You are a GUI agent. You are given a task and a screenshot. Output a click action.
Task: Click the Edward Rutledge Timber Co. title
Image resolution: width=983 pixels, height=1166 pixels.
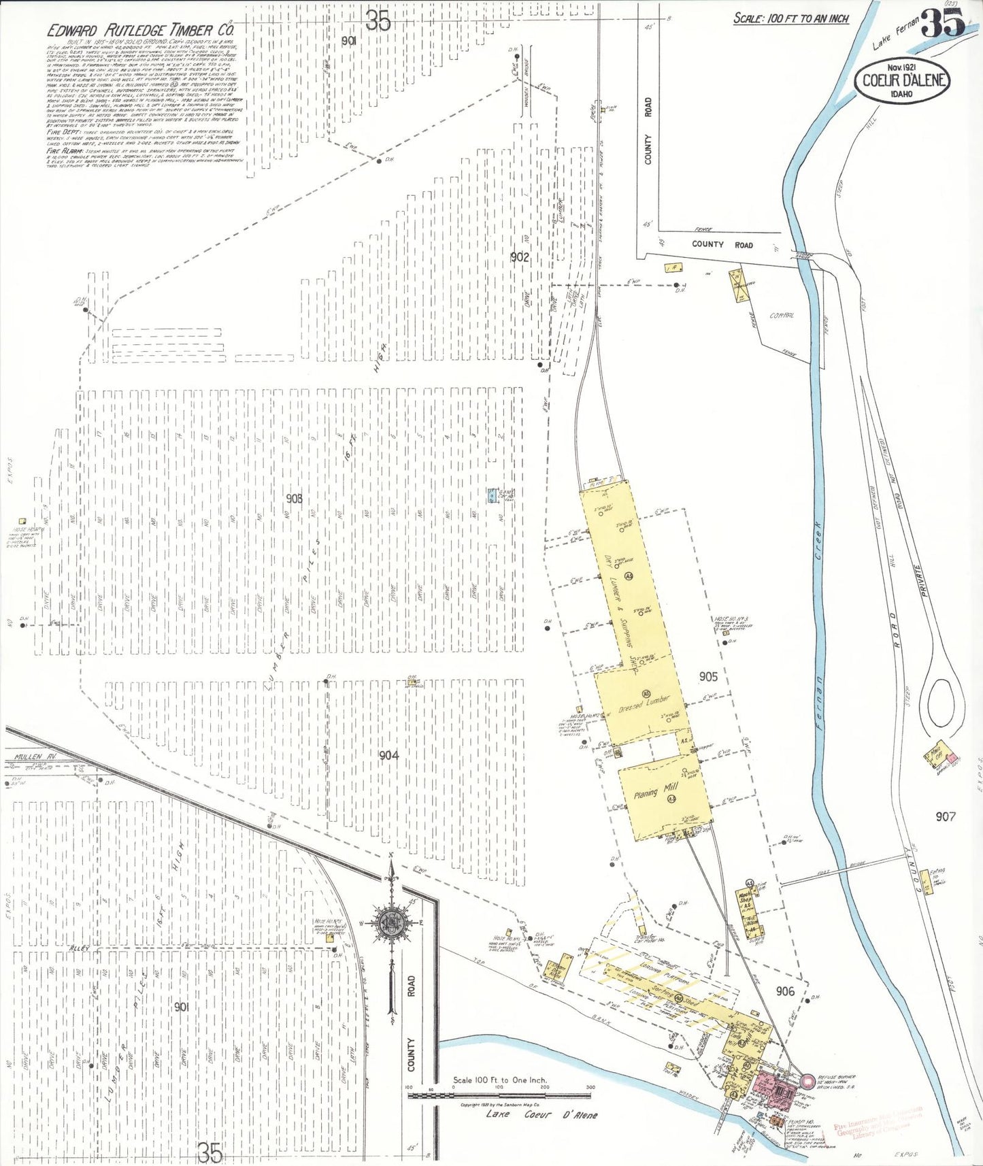141,30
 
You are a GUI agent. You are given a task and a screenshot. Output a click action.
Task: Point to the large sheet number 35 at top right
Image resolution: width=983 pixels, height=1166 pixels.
943,25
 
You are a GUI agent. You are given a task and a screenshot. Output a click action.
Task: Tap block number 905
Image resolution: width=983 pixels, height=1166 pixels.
708,676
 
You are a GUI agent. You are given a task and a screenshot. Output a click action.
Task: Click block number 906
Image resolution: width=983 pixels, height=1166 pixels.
785,991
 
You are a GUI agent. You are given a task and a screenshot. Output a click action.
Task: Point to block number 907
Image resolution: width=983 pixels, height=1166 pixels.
946,816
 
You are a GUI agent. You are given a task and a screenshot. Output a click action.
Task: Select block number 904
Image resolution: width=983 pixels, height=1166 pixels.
388,755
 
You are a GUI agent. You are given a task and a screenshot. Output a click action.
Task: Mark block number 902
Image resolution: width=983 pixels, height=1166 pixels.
519,256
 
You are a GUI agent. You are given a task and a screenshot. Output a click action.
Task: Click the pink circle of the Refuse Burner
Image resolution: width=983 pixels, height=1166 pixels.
807,1080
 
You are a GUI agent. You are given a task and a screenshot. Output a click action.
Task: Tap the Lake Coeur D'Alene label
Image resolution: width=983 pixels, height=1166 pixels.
542,1115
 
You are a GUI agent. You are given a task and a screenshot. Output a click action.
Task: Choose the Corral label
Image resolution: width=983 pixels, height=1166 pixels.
782,316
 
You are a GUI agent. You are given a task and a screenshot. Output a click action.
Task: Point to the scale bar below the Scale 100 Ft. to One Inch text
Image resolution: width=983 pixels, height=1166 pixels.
499,1095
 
